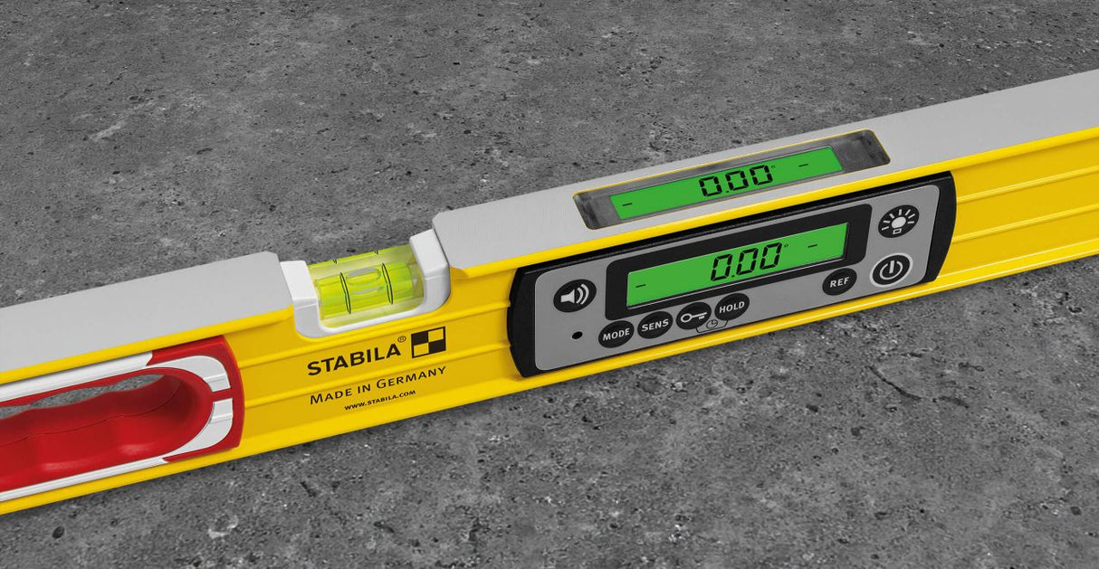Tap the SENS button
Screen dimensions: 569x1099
tap(654, 325)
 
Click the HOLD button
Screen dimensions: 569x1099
tap(731, 307)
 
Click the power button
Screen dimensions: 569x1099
tap(891, 270)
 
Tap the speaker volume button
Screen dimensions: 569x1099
tap(574, 296)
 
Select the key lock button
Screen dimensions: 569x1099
tap(693, 314)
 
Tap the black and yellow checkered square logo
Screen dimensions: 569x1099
tap(428, 343)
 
